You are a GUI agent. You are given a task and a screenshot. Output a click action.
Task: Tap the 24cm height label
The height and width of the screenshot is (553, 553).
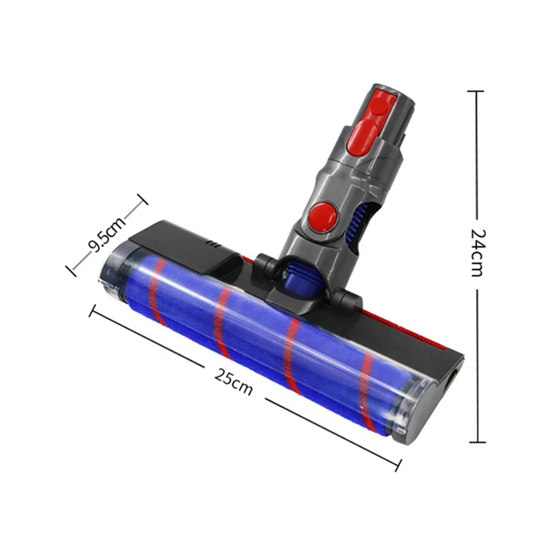476,253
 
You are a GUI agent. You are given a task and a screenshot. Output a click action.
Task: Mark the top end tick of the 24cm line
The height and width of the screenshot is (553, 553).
476,91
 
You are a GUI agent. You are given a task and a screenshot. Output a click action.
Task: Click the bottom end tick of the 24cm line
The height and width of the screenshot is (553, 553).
476,442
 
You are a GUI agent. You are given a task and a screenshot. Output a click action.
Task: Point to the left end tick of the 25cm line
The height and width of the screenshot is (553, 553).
91,310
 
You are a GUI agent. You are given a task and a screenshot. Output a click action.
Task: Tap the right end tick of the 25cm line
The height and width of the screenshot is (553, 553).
397,465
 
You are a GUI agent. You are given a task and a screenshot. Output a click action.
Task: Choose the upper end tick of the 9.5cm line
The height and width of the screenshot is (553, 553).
142,200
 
